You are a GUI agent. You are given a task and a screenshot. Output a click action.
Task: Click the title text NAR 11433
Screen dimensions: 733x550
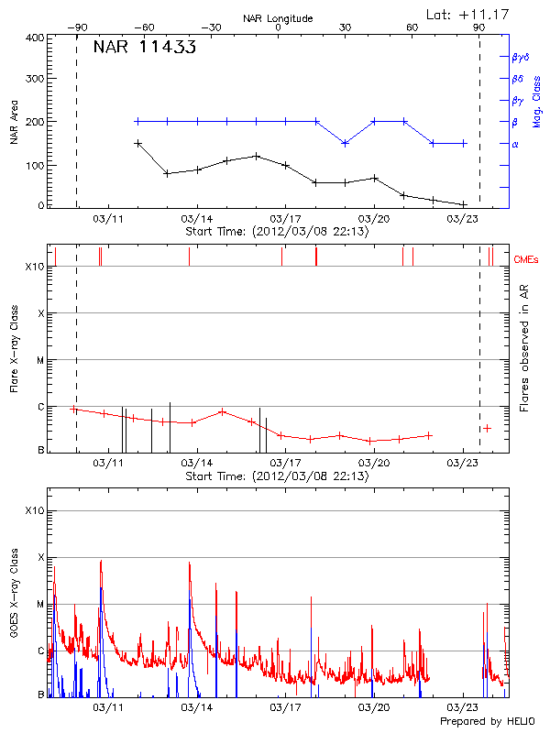[x=144, y=49]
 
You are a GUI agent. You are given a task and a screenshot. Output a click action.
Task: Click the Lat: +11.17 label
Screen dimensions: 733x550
[x=467, y=13]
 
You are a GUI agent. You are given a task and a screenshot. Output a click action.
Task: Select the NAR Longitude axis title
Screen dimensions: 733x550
[x=278, y=17]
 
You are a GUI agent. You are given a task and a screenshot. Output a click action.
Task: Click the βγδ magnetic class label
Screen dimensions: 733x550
[x=519, y=57]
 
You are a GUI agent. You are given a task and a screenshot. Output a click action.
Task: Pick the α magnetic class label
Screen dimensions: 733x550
[x=515, y=144]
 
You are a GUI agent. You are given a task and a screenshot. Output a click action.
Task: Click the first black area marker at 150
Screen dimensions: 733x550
[x=137, y=143]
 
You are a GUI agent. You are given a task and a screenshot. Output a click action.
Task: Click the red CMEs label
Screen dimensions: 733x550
[x=526, y=260]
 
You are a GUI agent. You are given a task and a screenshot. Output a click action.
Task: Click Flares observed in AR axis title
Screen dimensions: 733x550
[x=525, y=347]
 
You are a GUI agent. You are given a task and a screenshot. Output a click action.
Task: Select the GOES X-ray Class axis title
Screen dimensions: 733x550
[x=14, y=603]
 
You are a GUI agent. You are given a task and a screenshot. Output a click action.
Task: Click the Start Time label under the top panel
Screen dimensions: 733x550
[x=277, y=232]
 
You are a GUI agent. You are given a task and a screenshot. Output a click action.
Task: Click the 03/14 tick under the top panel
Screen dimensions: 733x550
[x=196, y=219]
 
